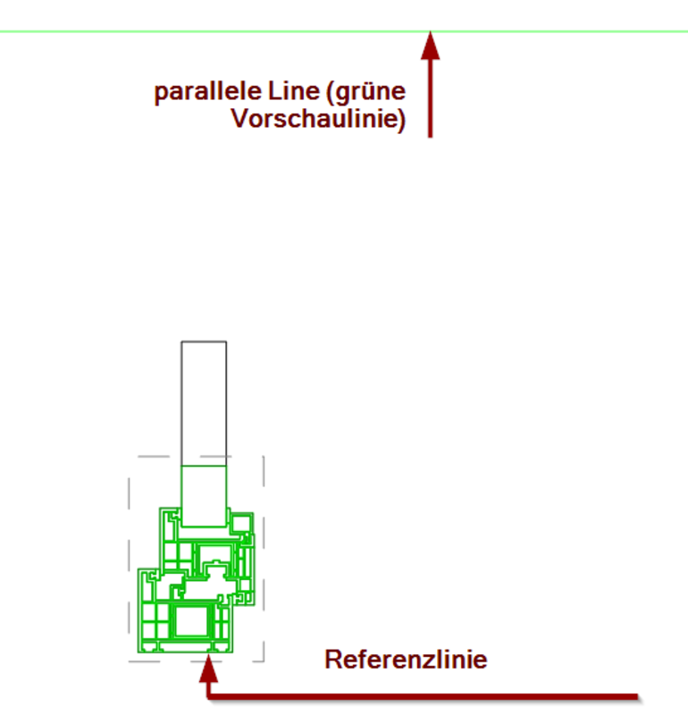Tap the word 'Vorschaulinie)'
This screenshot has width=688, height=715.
tap(318, 120)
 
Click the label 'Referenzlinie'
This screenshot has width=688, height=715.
tap(406, 660)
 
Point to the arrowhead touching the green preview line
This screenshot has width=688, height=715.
tap(431, 46)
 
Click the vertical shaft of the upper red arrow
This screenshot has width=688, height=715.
tap(431, 98)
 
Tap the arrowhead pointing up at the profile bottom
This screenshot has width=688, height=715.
tap(208, 666)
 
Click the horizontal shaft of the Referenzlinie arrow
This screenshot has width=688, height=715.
tap(429, 696)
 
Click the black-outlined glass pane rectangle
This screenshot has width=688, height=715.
tap(204, 402)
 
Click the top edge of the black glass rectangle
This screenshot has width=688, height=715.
tap(204, 341)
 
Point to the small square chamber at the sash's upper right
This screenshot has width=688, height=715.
tap(241, 521)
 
